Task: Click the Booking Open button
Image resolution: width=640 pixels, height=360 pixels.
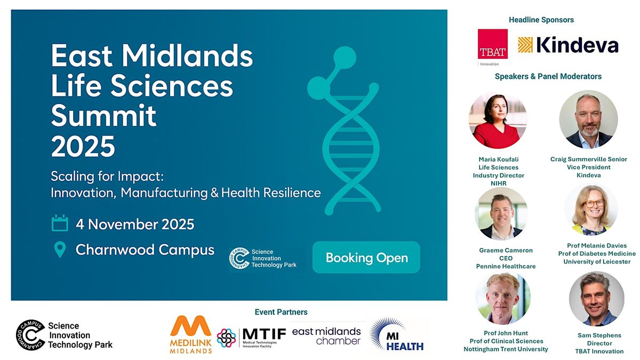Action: tap(366, 258)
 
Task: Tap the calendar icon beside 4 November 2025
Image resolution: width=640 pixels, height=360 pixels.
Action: tap(60, 223)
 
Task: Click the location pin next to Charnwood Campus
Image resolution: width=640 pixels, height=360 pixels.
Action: tap(60, 250)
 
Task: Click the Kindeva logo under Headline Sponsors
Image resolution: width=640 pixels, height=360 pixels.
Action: tap(568, 45)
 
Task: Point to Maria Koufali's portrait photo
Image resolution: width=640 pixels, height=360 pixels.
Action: tap(498, 121)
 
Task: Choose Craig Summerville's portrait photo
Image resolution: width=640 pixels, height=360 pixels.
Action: tap(588, 119)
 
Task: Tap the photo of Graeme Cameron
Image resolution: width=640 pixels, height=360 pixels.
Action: tap(501, 213)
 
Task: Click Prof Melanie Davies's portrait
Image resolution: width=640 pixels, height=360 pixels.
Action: tap(590, 210)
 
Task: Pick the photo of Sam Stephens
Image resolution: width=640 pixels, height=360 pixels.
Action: tap(596, 299)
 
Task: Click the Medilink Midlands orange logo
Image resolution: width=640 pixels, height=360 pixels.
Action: tap(190, 334)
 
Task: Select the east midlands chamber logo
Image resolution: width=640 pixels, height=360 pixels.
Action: tap(326, 336)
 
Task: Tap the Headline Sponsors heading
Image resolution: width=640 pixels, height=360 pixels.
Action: tap(541, 20)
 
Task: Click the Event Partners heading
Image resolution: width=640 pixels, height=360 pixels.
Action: tap(281, 312)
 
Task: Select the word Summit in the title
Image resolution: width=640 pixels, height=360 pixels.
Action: tap(103, 115)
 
